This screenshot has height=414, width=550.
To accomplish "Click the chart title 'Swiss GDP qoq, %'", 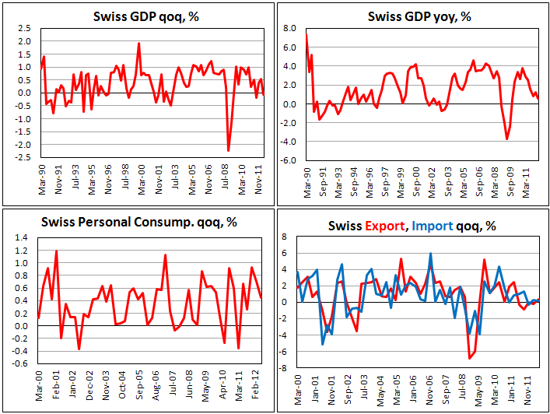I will tap(138, 17).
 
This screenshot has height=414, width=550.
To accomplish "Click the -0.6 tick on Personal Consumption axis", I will tap(23, 363).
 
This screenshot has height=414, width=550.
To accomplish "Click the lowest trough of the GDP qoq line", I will tap(229, 151).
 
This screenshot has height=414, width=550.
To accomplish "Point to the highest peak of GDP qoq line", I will tap(138, 44).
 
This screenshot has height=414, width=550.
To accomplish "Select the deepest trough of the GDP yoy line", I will tap(507, 139).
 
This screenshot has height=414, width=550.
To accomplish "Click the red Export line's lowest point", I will tap(469, 358).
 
